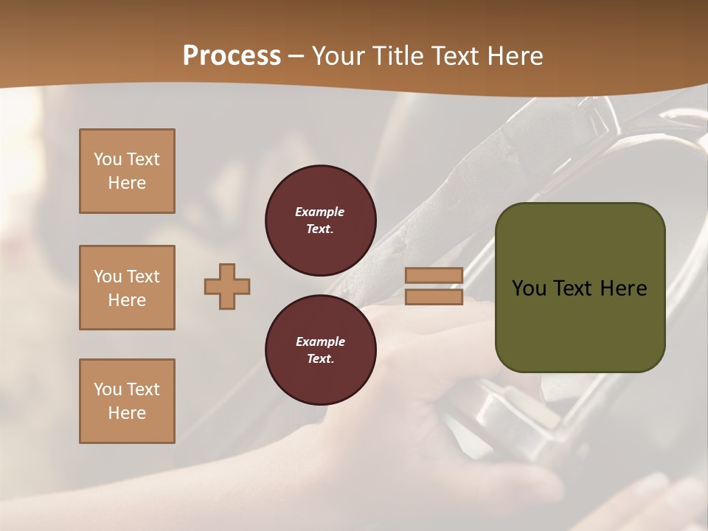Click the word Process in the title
pos(232,56)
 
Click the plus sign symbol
pos(227,286)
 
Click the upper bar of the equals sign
pos(434,275)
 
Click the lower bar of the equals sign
pos(434,297)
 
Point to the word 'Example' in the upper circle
pos(319,212)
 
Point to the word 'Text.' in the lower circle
pos(320,359)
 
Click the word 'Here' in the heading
pos(514,56)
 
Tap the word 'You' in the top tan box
pos(108,159)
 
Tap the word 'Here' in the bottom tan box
pos(127,413)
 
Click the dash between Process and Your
pos(296,57)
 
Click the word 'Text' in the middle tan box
pos(143,277)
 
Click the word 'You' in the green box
pos(529,288)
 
